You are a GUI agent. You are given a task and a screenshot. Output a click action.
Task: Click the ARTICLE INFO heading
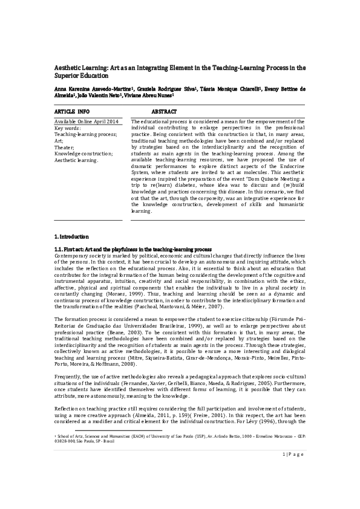point(71,112)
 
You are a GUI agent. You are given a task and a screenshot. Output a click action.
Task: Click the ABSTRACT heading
point(164,112)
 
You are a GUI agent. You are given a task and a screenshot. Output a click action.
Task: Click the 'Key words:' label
point(67,128)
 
